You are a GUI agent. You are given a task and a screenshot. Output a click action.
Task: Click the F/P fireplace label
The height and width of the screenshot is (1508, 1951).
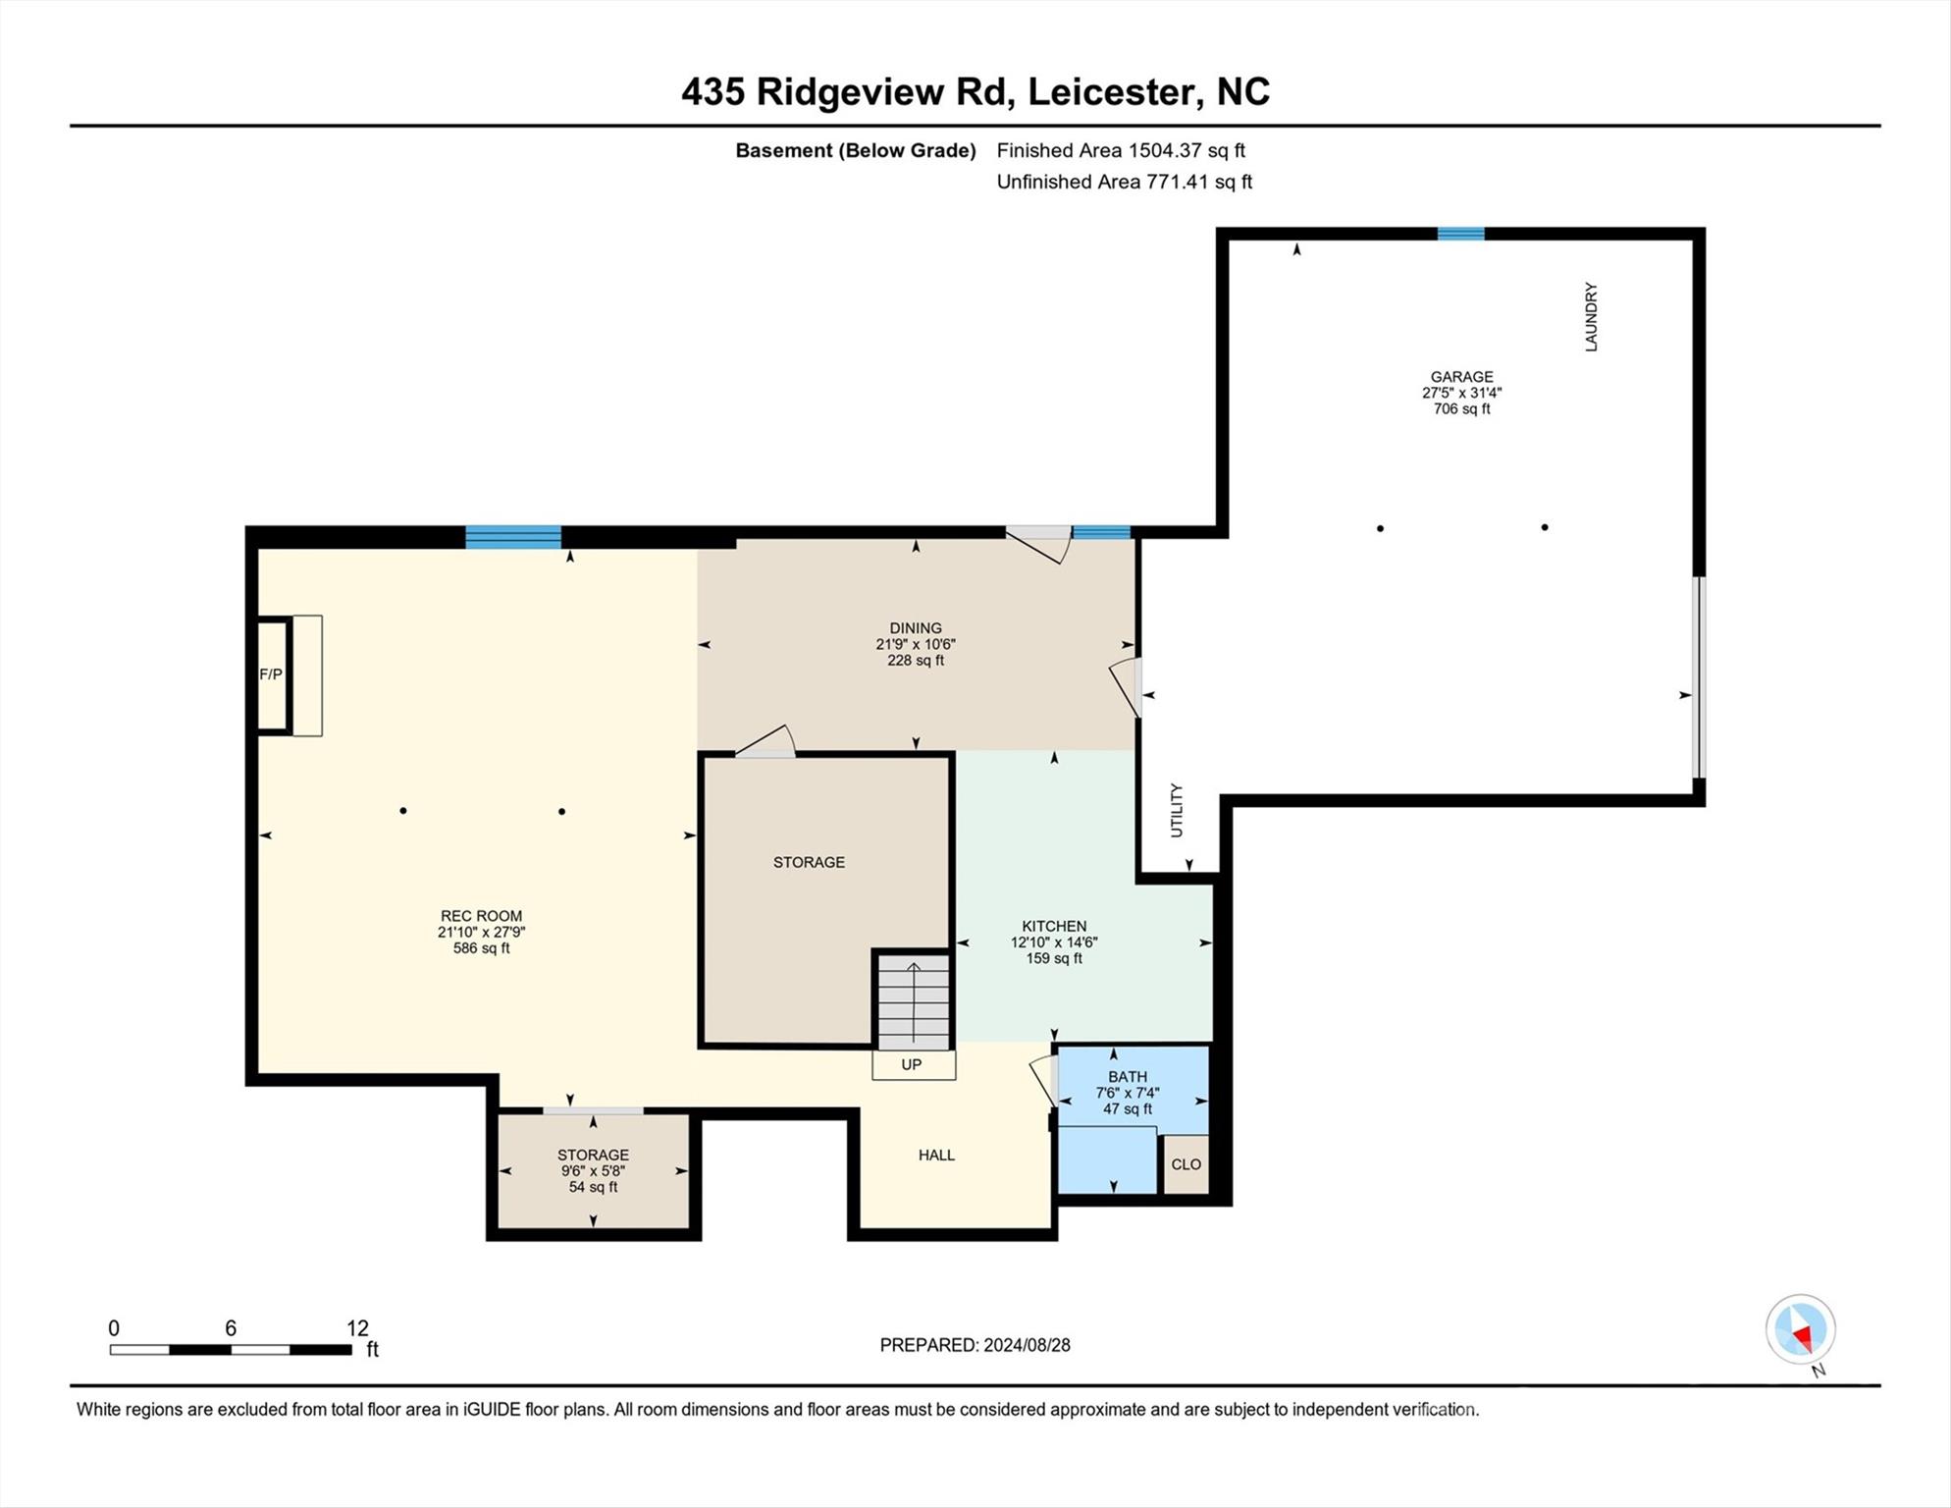(270, 674)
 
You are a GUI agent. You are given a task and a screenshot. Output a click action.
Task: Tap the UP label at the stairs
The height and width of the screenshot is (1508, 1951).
(912, 1064)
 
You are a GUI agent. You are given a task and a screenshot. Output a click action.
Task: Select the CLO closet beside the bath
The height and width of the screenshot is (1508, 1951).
(1186, 1164)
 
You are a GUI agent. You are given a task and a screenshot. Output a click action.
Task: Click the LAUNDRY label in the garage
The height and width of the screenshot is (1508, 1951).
(1591, 317)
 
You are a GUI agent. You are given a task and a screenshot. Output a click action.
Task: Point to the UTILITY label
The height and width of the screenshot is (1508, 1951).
(1177, 811)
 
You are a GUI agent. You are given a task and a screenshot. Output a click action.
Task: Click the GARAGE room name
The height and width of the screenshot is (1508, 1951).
(1461, 377)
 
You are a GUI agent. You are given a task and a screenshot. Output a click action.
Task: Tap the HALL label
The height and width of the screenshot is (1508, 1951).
(936, 1156)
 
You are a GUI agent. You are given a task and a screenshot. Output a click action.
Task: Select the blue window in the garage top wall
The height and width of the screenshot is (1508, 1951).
(1460, 234)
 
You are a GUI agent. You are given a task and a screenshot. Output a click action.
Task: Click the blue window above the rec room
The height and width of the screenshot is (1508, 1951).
(513, 537)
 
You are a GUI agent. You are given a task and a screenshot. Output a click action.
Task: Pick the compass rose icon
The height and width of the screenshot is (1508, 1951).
(1801, 1330)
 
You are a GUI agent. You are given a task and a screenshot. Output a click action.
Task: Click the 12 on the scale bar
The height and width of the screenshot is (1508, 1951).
(357, 1328)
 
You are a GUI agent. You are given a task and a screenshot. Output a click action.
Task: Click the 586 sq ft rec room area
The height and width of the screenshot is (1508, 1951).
(481, 948)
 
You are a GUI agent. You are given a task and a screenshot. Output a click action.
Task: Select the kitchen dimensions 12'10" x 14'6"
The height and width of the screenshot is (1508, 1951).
(1054, 942)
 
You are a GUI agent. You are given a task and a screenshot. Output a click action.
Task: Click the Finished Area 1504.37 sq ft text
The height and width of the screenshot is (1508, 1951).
(1121, 150)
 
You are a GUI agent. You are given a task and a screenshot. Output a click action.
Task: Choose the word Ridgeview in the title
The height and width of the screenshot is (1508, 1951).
(852, 92)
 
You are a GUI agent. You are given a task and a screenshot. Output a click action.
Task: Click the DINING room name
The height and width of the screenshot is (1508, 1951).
(916, 628)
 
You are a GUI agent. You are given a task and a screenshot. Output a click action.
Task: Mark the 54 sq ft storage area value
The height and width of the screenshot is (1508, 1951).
(593, 1187)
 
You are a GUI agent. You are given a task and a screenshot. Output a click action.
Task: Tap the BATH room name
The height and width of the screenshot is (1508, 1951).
(1128, 1077)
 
